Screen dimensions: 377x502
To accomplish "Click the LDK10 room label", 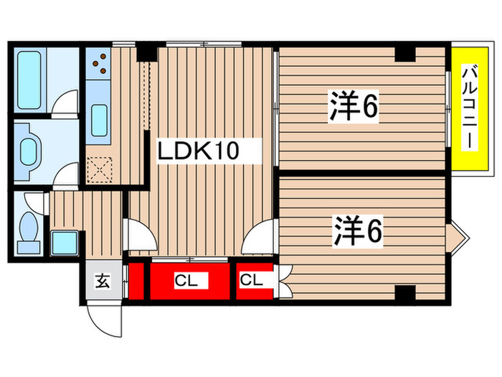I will (x=198, y=152).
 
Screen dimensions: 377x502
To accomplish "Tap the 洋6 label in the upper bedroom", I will (x=354, y=108).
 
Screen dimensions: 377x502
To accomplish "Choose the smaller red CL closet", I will (x=251, y=281).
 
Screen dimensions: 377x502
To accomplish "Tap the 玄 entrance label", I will (x=102, y=281).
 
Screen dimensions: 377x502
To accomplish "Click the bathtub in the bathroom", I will (x=32, y=78).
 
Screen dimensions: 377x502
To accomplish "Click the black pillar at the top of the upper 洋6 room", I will (x=405, y=53).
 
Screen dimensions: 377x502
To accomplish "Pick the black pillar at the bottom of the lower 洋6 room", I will (x=405, y=294).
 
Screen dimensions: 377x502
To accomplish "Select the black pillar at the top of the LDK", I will (x=146, y=52).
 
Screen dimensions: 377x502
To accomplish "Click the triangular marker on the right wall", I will (x=458, y=235).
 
